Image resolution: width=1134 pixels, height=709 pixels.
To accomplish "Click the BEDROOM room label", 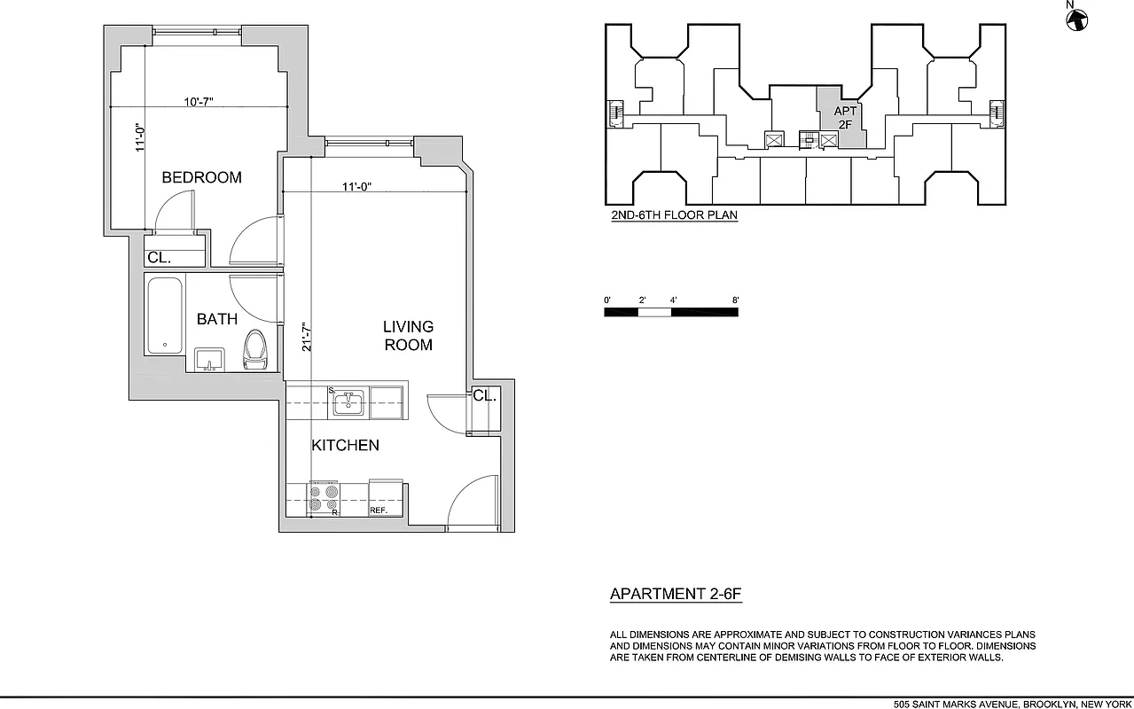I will coord(201,177).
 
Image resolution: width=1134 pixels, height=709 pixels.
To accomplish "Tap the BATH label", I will coord(216,319).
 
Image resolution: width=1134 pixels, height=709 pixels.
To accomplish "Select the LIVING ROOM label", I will coord(408,336).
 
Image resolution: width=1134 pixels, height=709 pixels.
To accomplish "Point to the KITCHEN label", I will coord(345,445).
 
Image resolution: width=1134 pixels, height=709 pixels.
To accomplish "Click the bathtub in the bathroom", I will coord(165,316).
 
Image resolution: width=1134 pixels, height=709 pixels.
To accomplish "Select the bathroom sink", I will coord(209,360).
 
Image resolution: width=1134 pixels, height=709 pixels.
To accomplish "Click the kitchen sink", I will coord(348,403).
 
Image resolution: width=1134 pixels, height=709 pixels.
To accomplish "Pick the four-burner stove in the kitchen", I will coord(324,499).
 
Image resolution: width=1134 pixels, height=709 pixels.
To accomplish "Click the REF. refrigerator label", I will coord(379,510).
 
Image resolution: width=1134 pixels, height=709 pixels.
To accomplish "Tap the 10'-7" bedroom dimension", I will coord(198,102).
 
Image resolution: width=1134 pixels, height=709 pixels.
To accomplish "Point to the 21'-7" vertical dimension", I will coord(304,336).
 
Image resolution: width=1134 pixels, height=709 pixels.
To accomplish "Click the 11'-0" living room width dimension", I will coord(356,186).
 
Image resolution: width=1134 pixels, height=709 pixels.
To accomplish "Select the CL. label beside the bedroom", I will coord(160,258).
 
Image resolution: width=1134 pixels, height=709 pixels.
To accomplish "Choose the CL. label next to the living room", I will coord(484,396).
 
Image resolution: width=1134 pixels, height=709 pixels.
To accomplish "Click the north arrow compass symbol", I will coord(1076,17).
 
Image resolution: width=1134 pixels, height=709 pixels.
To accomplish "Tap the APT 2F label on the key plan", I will coord(845,118).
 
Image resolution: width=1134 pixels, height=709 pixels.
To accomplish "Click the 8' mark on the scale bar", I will coord(735,300).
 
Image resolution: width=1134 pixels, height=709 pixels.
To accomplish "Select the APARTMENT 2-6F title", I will coord(675,595).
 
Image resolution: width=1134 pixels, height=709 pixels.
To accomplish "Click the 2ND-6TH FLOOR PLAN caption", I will coord(674,215).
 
